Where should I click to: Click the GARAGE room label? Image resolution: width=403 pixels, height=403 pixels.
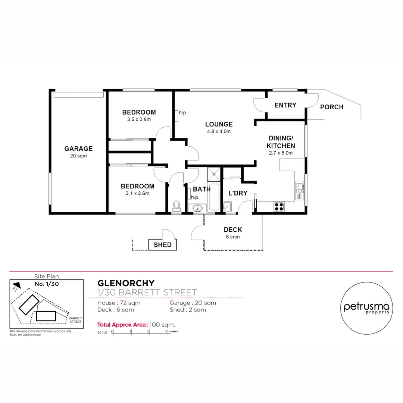78,149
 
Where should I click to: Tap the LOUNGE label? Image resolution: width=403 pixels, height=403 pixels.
219,124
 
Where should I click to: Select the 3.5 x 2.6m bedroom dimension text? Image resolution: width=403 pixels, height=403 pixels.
139,119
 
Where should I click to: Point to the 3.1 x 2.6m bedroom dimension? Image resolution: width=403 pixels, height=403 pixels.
137,193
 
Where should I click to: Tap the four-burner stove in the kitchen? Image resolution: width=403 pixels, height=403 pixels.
279,206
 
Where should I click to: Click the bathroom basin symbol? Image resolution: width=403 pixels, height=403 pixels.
197,208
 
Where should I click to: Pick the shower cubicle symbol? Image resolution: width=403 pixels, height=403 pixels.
214,173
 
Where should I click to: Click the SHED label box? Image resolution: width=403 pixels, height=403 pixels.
163,245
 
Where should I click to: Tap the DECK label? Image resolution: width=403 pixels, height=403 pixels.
233,230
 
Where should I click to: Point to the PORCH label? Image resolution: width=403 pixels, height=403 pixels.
332,107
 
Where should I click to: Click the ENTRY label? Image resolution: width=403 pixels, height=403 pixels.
285,105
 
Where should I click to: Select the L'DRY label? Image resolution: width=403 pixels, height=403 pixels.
238,193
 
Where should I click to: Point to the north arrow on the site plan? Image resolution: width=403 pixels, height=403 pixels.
16,287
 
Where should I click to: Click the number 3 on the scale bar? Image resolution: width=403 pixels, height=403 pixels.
166,331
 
